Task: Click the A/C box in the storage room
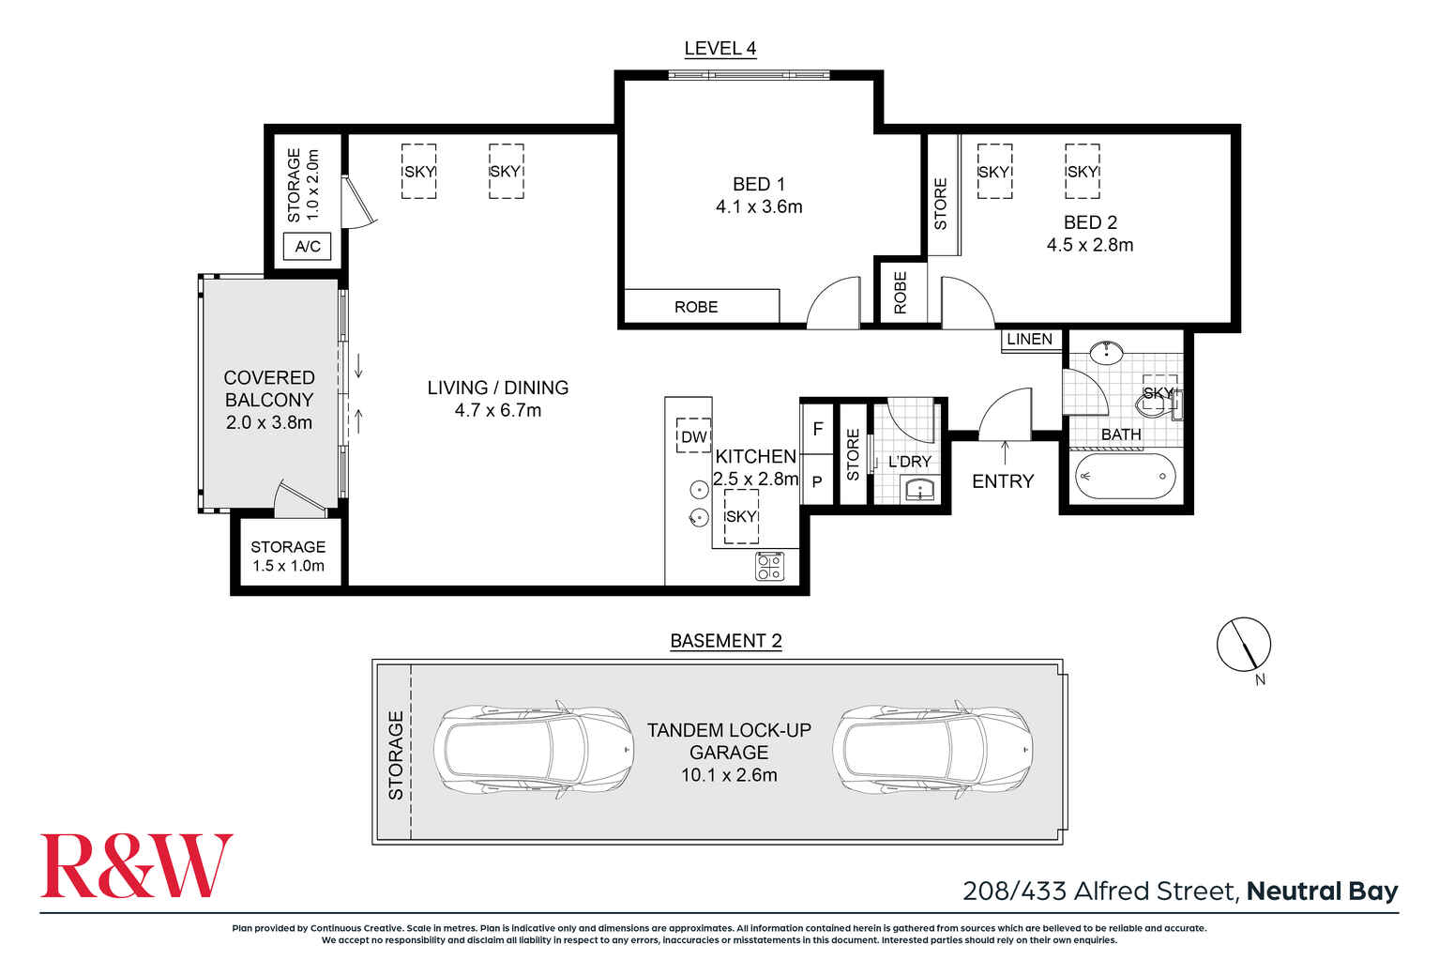pyautogui.click(x=308, y=247)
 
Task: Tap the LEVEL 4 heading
pyautogui.click(x=719, y=49)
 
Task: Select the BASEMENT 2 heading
pyautogui.click(x=725, y=641)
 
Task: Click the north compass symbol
pyautogui.click(x=1244, y=646)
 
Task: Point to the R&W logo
pyautogui.click(x=136, y=865)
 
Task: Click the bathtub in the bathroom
pyautogui.click(x=1124, y=477)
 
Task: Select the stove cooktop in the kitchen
pyautogui.click(x=770, y=567)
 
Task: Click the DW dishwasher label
pyautogui.click(x=693, y=436)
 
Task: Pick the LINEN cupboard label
pyautogui.click(x=1029, y=339)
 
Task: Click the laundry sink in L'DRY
pyautogui.click(x=920, y=489)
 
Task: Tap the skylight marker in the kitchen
pyautogui.click(x=740, y=516)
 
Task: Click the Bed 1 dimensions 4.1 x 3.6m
pyautogui.click(x=759, y=206)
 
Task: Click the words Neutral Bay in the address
pyautogui.click(x=1322, y=891)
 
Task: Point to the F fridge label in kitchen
pyautogui.click(x=818, y=429)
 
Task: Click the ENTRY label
pyautogui.click(x=1002, y=480)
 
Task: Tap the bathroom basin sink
pyautogui.click(x=1108, y=352)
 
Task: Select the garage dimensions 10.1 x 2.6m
pyautogui.click(x=729, y=775)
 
